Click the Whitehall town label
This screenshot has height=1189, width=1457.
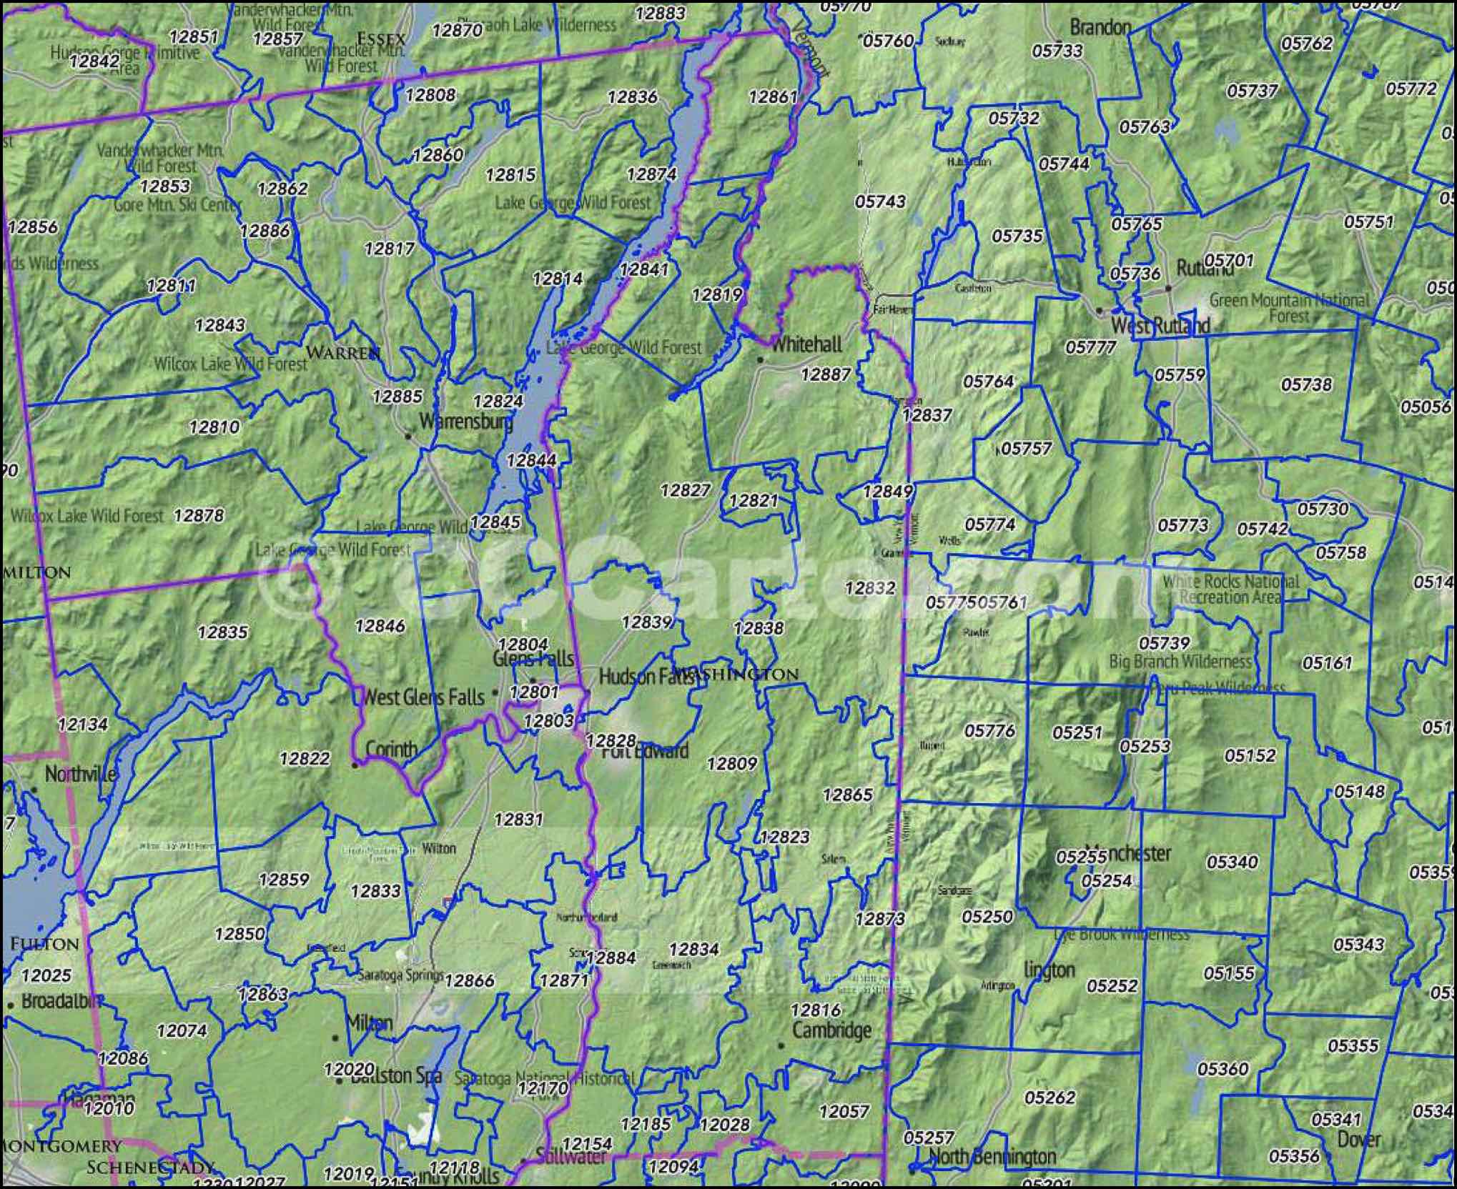point(806,345)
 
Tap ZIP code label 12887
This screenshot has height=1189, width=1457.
point(825,374)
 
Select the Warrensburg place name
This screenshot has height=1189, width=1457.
point(466,422)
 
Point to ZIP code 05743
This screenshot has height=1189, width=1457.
point(880,202)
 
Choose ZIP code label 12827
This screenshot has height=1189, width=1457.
point(685,490)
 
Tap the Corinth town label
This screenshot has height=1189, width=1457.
point(391,750)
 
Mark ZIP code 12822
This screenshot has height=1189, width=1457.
point(305,759)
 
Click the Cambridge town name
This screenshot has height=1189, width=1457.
point(831,1030)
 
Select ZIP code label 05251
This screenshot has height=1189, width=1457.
point(1077,732)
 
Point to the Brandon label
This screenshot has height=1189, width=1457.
point(1100,28)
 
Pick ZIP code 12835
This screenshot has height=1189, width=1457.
point(222,632)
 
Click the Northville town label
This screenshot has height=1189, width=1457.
point(80,774)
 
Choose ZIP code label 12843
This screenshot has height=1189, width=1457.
point(219,326)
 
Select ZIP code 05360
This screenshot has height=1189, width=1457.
point(1223,1069)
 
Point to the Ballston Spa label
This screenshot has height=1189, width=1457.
point(396,1076)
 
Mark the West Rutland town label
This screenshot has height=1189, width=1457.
point(1160,326)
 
